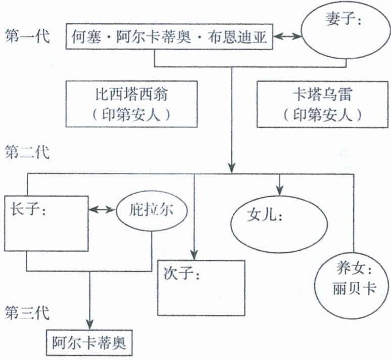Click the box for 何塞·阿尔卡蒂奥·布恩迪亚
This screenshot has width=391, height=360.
169,36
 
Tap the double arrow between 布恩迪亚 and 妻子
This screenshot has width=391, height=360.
286,36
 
